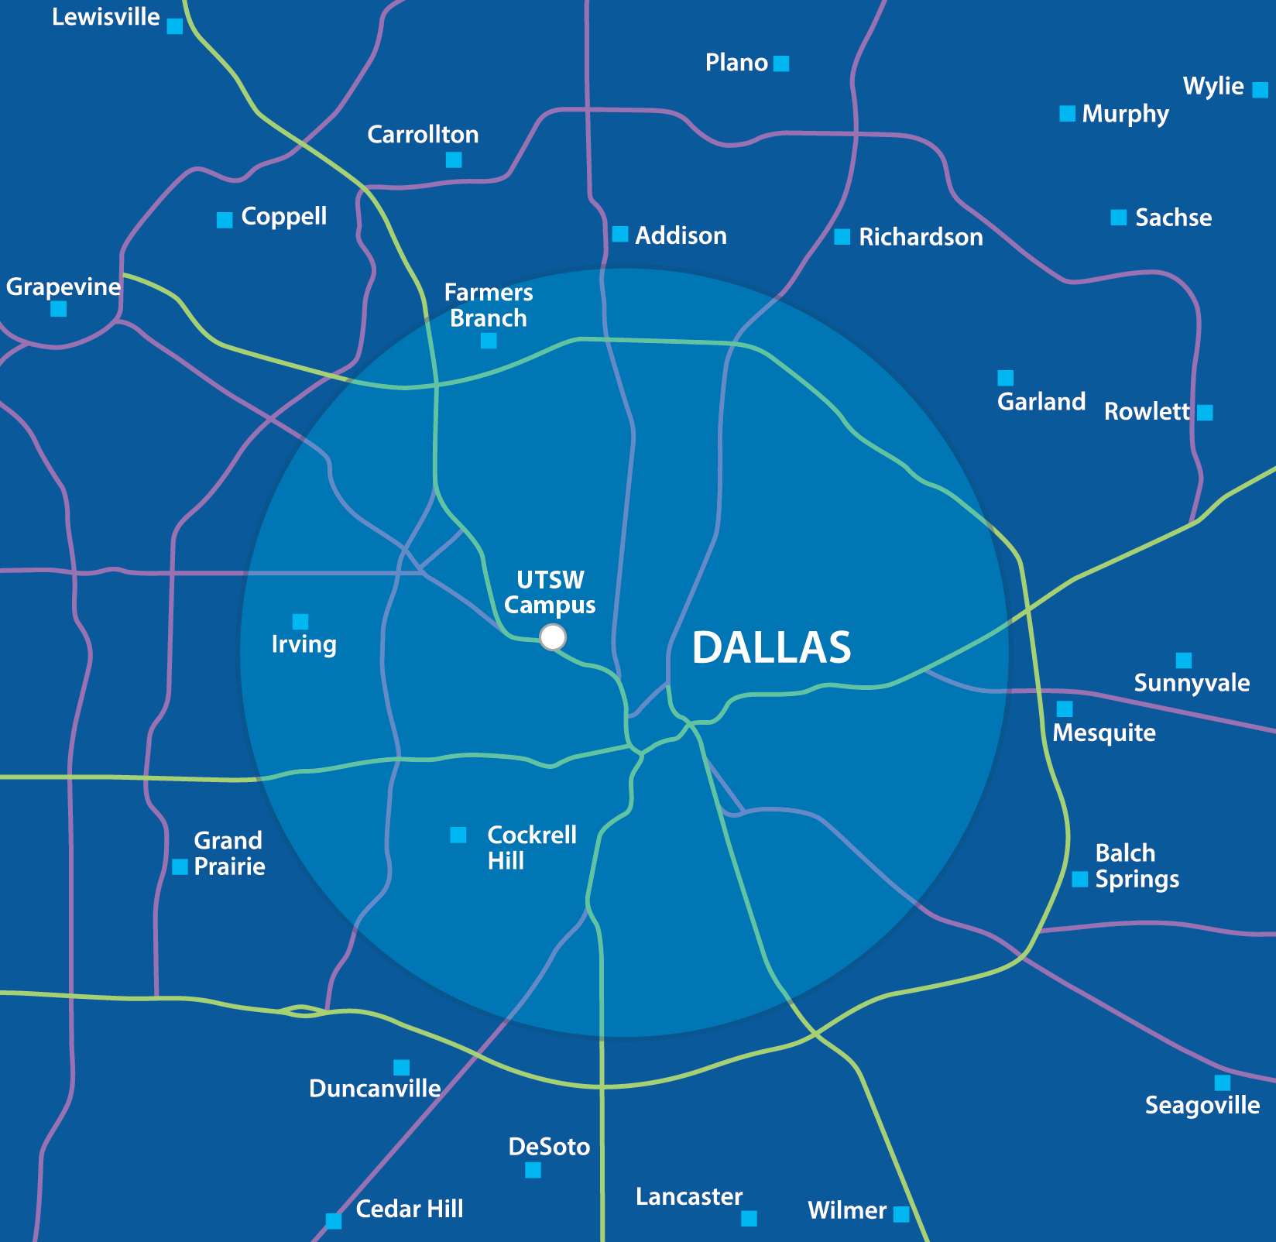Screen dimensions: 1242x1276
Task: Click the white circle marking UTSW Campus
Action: pos(553,637)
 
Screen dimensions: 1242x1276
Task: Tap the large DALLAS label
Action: pos(771,647)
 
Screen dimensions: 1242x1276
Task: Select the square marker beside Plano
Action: pos(781,63)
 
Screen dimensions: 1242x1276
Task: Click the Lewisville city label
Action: pos(105,17)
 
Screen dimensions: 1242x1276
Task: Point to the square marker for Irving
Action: pos(300,622)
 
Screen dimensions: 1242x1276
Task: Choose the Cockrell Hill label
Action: pos(531,847)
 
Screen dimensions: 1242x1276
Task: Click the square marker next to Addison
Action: pos(620,234)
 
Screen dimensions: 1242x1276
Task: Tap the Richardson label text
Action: pos(920,237)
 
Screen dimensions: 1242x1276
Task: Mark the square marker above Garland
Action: pos(1005,378)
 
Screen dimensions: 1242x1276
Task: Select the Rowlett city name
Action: pos(1146,411)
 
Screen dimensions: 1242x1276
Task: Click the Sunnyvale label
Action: pos(1192,683)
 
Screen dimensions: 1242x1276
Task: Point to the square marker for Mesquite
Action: pos(1065,708)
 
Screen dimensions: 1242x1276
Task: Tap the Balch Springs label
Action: pos(1137,866)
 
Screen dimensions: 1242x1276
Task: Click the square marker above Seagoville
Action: pos(1222,1082)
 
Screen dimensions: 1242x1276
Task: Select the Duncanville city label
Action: pos(375,1089)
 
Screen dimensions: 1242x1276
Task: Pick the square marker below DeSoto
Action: pos(533,1170)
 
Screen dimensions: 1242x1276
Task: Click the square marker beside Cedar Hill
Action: pos(334,1221)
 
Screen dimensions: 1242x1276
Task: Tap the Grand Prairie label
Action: pos(228,853)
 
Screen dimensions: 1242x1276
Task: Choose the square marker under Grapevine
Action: pos(58,309)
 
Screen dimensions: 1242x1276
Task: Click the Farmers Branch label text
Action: pos(489,305)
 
